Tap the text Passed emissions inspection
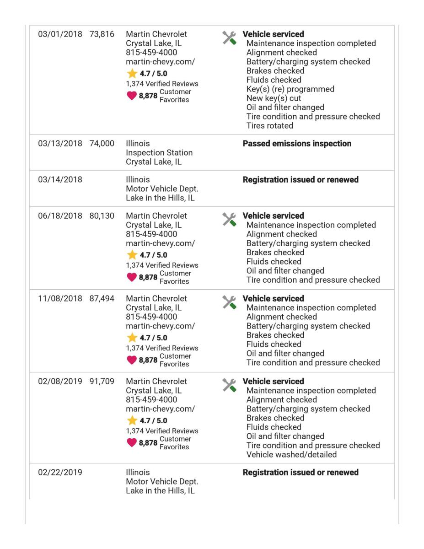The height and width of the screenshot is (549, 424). click(x=297, y=144)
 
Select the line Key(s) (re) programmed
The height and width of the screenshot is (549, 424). click(x=290, y=89)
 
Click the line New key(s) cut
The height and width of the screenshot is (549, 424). click(x=274, y=98)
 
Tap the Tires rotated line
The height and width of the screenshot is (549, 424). click(x=269, y=126)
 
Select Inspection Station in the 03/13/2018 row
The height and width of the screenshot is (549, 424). click(x=159, y=153)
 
